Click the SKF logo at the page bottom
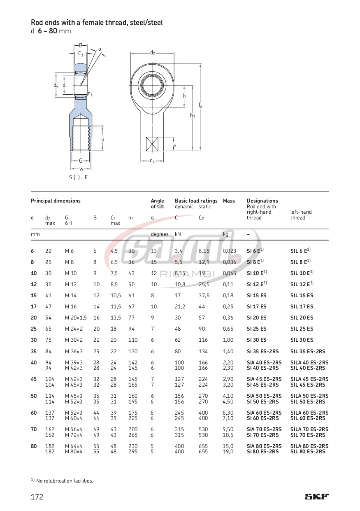pyautogui.click(x=317, y=497)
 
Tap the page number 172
pyautogui.click(x=37, y=497)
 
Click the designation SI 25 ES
pyautogui.click(x=257, y=329)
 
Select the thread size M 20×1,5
pyautogui.click(x=76, y=318)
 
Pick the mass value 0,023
pyautogui.click(x=230, y=251)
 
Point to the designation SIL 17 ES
pyautogui.click(x=302, y=307)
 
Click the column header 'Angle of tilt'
pyautogui.click(x=158, y=203)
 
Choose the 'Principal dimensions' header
pyautogui.click(x=56, y=201)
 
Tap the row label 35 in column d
pyautogui.click(x=34, y=352)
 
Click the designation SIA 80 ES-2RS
pyautogui.click(x=264, y=446)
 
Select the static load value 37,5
pyautogui.click(x=204, y=296)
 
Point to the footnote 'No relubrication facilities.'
pyautogui.click(x=64, y=481)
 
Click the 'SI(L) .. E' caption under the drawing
pyautogui.click(x=78, y=177)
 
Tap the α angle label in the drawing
pyautogui.click(x=100, y=49)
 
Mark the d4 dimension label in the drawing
pyautogui.click(x=152, y=161)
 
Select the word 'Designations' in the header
pyautogui.click(x=262, y=201)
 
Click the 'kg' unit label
pyautogui.click(x=225, y=234)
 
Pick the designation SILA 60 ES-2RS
pyautogui.click(x=309, y=413)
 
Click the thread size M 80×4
pyautogui.click(x=74, y=452)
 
